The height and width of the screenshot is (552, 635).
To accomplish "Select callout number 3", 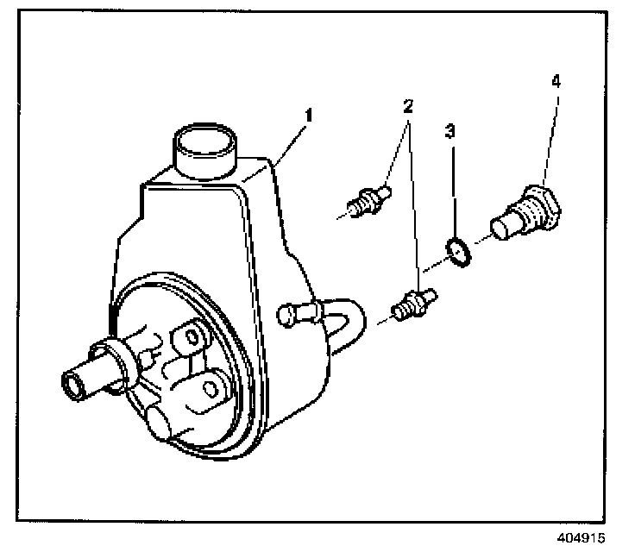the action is point(450,131).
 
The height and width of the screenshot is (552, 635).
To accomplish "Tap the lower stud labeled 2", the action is point(414,304).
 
